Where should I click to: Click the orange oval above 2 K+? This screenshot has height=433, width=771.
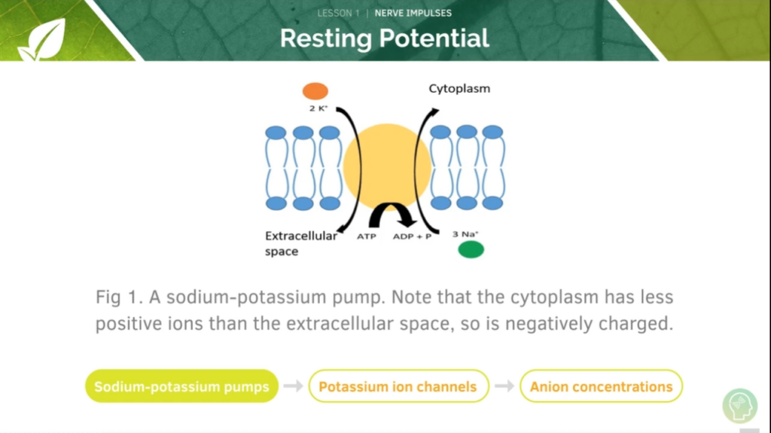click(315, 91)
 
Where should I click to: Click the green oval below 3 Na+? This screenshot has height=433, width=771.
click(471, 249)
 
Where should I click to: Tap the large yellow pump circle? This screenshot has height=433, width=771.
click(387, 166)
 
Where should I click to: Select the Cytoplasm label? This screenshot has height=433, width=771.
click(459, 89)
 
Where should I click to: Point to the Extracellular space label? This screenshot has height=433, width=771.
click(301, 243)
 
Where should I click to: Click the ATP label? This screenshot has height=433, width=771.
click(367, 236)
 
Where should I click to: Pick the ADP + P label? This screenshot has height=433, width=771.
click(412, 236)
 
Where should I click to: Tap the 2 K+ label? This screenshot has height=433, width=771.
click(318, 108)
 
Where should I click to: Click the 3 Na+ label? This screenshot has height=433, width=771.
click(465, 234)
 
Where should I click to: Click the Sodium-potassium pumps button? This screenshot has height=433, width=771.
click(182, 386)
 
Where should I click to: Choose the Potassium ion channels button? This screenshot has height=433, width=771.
click(399, 386)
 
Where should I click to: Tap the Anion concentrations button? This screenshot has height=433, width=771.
click(601, 386)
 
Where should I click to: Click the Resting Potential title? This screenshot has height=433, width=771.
click(385, 38)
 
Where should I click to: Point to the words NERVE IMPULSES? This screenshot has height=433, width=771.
click(413, 14)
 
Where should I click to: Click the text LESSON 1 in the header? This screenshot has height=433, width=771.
click(338, 14)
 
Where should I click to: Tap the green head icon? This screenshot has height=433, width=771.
click(740, 406)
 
